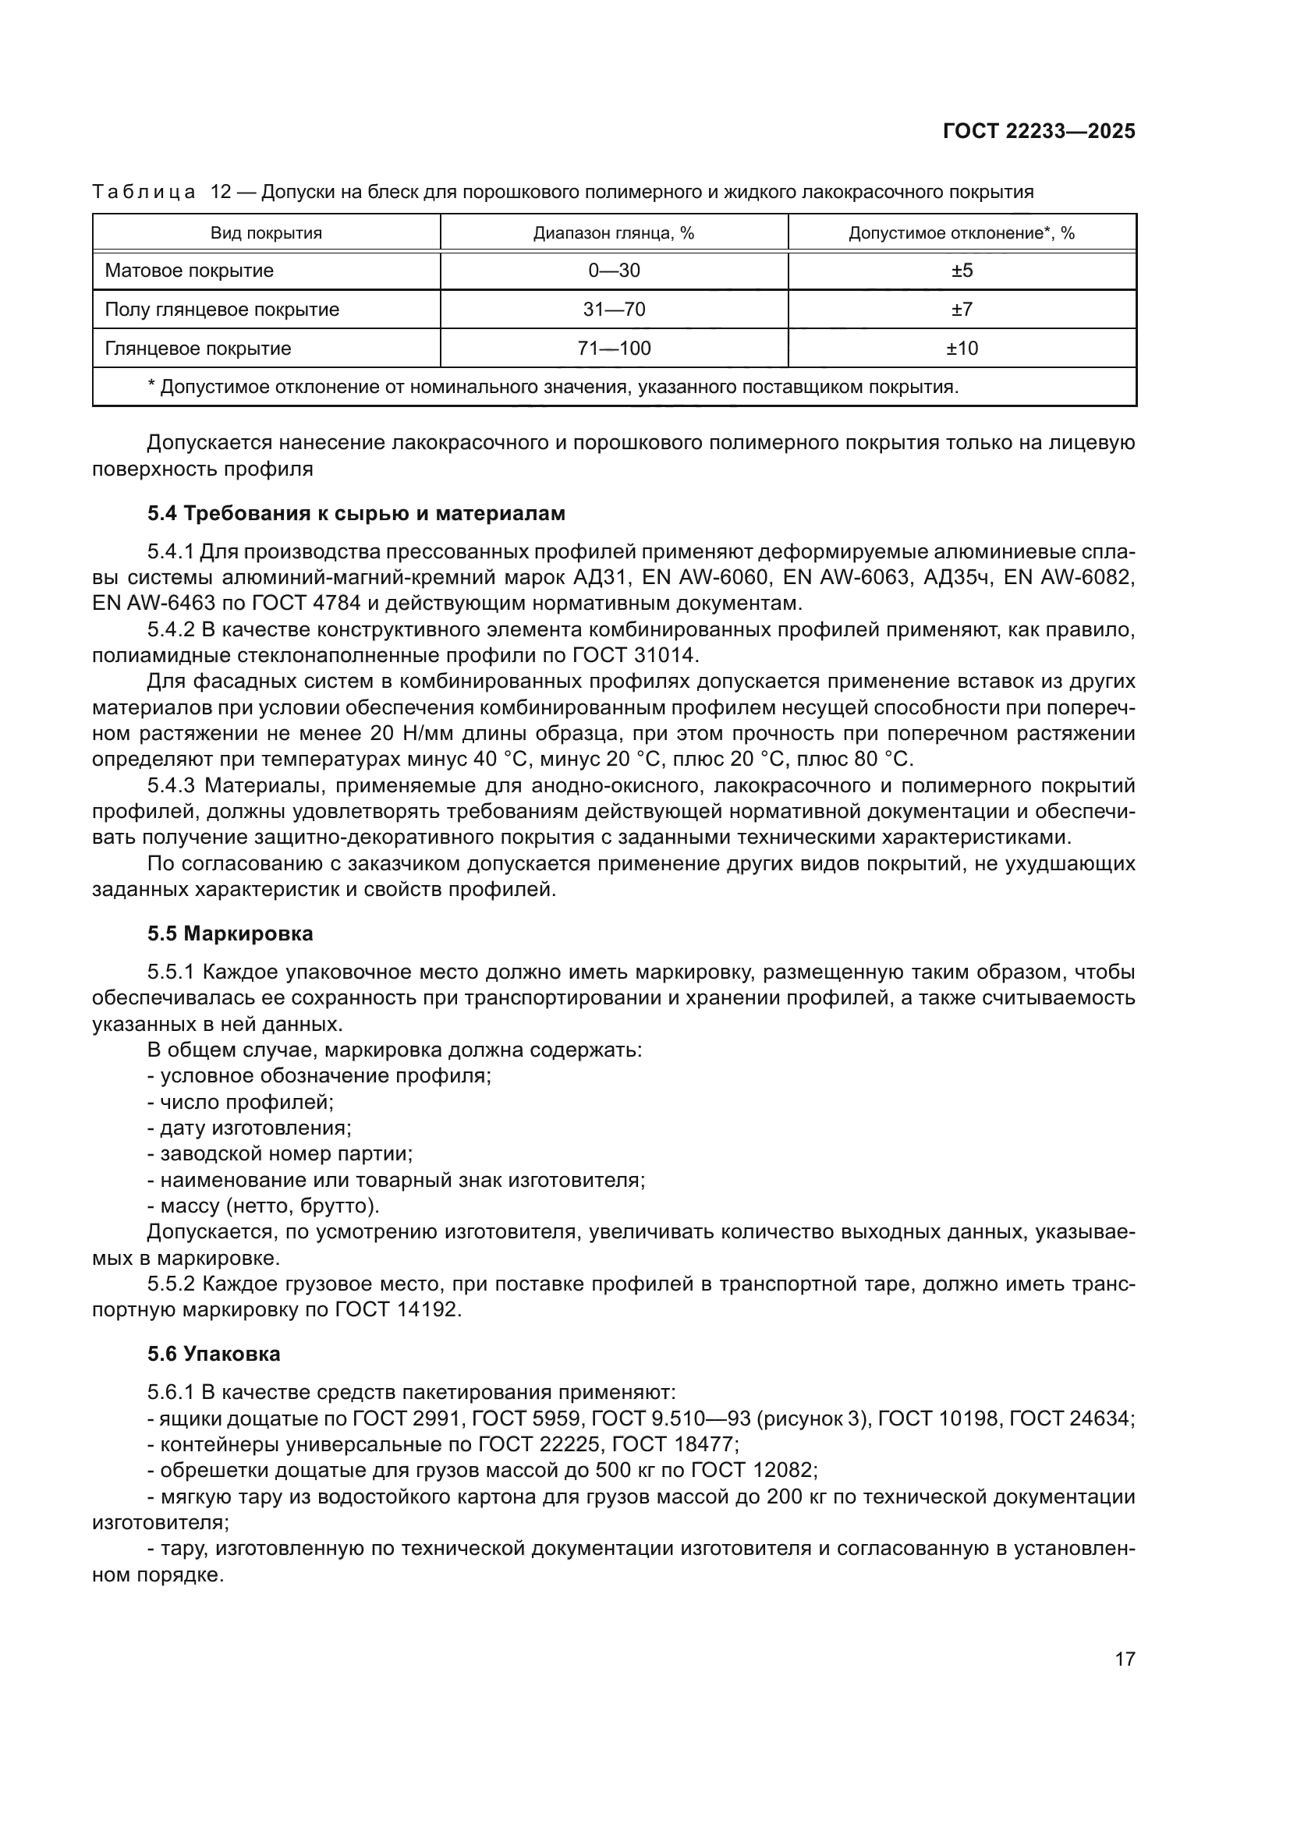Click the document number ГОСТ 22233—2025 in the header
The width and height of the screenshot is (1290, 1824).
(1039, 132)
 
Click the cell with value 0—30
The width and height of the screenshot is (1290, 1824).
(613, 271)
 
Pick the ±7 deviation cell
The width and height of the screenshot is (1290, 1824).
(962, 310)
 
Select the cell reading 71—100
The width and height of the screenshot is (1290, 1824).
(613, 349)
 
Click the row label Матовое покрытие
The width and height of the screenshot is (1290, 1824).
(189, 271)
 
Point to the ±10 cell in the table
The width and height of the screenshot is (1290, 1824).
(962, 349)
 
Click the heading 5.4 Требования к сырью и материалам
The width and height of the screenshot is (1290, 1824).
(356, 514)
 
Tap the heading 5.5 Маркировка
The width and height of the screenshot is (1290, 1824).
(230, 934)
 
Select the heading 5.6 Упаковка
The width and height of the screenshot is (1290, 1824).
(214, 1354)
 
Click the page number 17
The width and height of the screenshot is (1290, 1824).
(1125, 1659)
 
